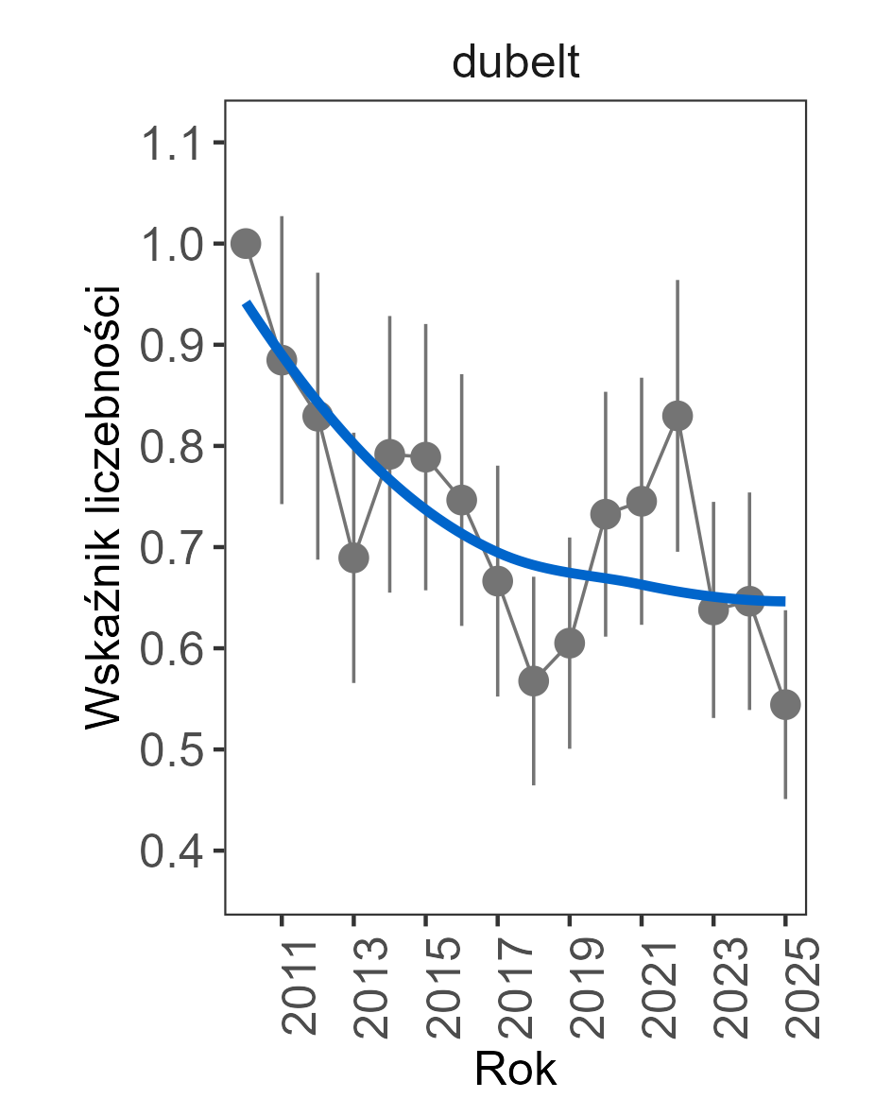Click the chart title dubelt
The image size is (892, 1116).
(515, 63)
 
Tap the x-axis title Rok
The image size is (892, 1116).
(515, 1070)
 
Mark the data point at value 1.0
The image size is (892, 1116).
(246, 244)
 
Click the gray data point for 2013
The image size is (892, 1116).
(353, 558)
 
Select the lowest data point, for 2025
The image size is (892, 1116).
(785, 704)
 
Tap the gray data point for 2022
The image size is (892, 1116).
(678, 416)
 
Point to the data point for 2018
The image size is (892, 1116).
(534, 681)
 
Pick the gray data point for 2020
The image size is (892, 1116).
(606, 514)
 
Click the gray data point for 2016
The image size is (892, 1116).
(461, 500)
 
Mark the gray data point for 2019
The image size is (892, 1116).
(570, 644)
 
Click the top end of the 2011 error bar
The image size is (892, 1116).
(282, 217)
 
